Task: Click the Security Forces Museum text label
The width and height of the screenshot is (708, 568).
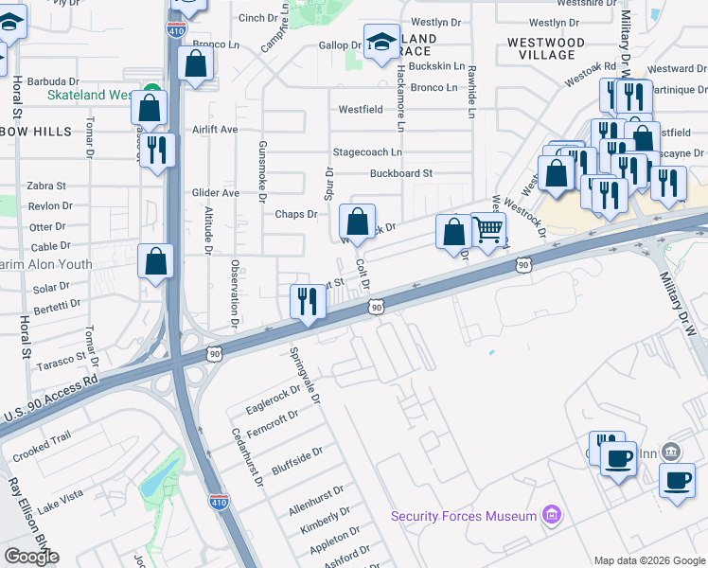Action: click(x=463, y=516)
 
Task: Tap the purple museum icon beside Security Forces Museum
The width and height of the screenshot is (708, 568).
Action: click(x=551, y=516)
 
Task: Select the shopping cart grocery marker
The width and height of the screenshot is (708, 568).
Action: click(x=488, y=230)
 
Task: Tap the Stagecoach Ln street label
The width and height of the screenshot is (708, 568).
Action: click(x=367, y=151)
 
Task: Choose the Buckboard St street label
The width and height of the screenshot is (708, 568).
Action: click(x=400, y=173)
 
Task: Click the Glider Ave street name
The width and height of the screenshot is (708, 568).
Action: click(x=216, y=192)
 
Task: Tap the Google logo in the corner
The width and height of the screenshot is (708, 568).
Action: click(x=31, y=557)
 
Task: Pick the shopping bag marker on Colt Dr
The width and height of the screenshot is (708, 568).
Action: click(x=357, y=223)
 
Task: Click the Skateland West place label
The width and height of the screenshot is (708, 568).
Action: click(x=89, y=96)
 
